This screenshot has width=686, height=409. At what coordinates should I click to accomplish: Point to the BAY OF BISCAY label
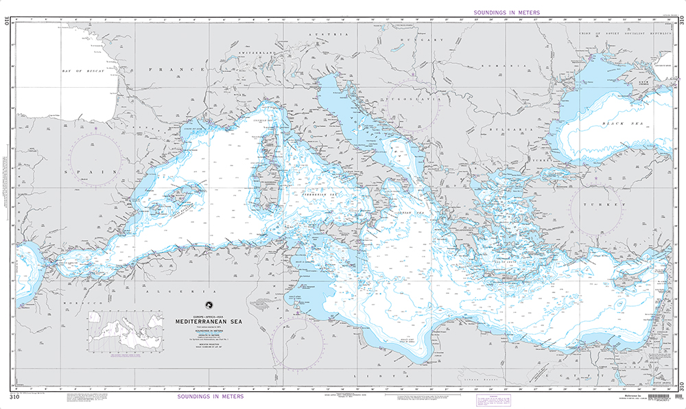pos(85,71)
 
